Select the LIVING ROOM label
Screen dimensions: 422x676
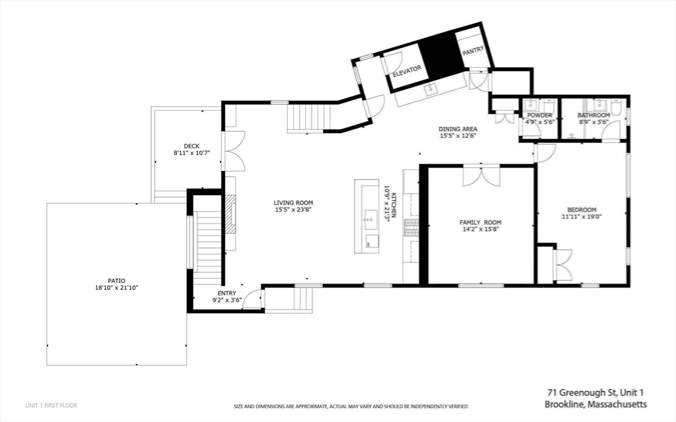[293, 203]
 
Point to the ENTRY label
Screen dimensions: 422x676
[227, 293]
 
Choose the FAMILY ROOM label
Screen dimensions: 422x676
[481, 222]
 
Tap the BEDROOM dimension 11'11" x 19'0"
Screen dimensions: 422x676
[582, 216]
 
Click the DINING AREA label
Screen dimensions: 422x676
[458, 129]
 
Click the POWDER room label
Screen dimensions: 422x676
[539, 115]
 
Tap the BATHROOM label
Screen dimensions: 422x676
[593, 115]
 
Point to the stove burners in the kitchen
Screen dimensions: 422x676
[411, 228]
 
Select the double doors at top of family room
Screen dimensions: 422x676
[481, 176]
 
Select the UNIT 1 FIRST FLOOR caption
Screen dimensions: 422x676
[51, 405]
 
